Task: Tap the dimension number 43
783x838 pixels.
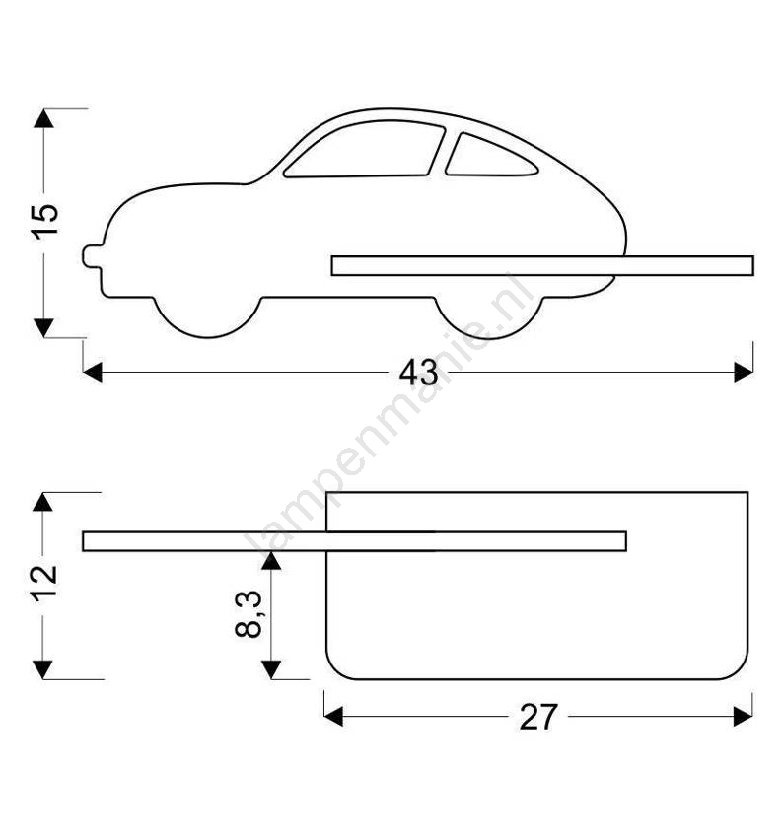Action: tap(418, 373)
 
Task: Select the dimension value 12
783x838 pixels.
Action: tap(44, 584)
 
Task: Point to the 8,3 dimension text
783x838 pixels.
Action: tap(249, 614)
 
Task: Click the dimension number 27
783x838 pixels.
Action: tap(538, 717)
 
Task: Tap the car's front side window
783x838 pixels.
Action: tap(365, 149)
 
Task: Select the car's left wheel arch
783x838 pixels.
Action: tap(208, 317)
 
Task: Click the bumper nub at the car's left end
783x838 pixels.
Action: tap(93, 256)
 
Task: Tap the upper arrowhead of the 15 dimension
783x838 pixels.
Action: tap(43, 118)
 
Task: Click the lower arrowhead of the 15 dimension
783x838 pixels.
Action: tap(43, 327)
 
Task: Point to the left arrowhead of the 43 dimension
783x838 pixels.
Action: tap(93, 372)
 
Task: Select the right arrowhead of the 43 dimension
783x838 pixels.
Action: tap(744, 372)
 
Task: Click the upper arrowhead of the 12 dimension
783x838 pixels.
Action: tap(42, 502)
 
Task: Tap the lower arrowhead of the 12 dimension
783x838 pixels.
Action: tap(42, 669)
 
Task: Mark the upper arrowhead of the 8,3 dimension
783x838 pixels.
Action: tap(271, 561)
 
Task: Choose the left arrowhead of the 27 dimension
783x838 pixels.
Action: tap(333, 716)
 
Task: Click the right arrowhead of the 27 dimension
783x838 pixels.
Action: tap(743, 716)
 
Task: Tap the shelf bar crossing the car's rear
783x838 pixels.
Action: tap(542, 265)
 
